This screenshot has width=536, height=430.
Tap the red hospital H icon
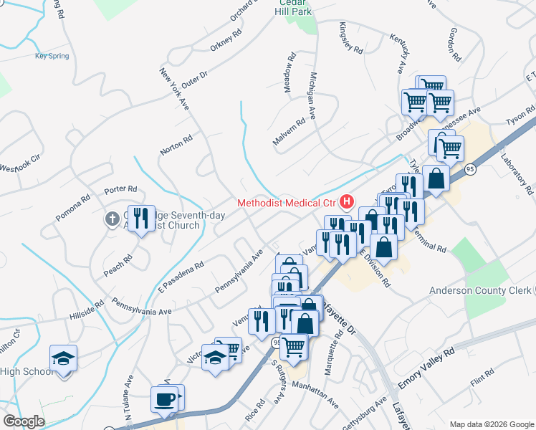[x=348, y=202]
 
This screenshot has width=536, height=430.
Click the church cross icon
[x=112, y=219]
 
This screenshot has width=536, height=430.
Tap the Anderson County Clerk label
[x=479, y=290]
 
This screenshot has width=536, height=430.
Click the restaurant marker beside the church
[x=140, y=218]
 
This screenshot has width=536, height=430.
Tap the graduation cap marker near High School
[x=63, y=358]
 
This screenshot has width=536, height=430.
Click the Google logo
[x=24, y=421]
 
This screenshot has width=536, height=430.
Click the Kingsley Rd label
[x=350, y=37]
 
